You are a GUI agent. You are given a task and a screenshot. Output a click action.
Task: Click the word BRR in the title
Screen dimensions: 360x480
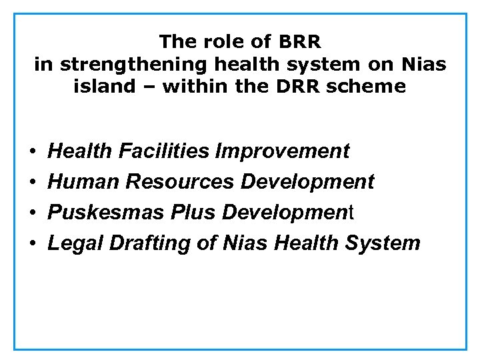(x=301, y=42)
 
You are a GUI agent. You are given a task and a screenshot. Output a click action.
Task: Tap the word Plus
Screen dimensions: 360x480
(x=195, y=212)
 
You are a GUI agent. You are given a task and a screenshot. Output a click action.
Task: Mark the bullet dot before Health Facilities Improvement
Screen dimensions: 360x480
(x=33, y=152)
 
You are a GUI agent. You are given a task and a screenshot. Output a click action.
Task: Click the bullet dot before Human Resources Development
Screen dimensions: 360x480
(x=33, y=182)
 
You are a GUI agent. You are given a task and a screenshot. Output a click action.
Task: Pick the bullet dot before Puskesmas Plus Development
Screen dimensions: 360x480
(x=33, y=213)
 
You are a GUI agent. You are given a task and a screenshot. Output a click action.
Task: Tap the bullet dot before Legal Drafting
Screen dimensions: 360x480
(x=33, y=243)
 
